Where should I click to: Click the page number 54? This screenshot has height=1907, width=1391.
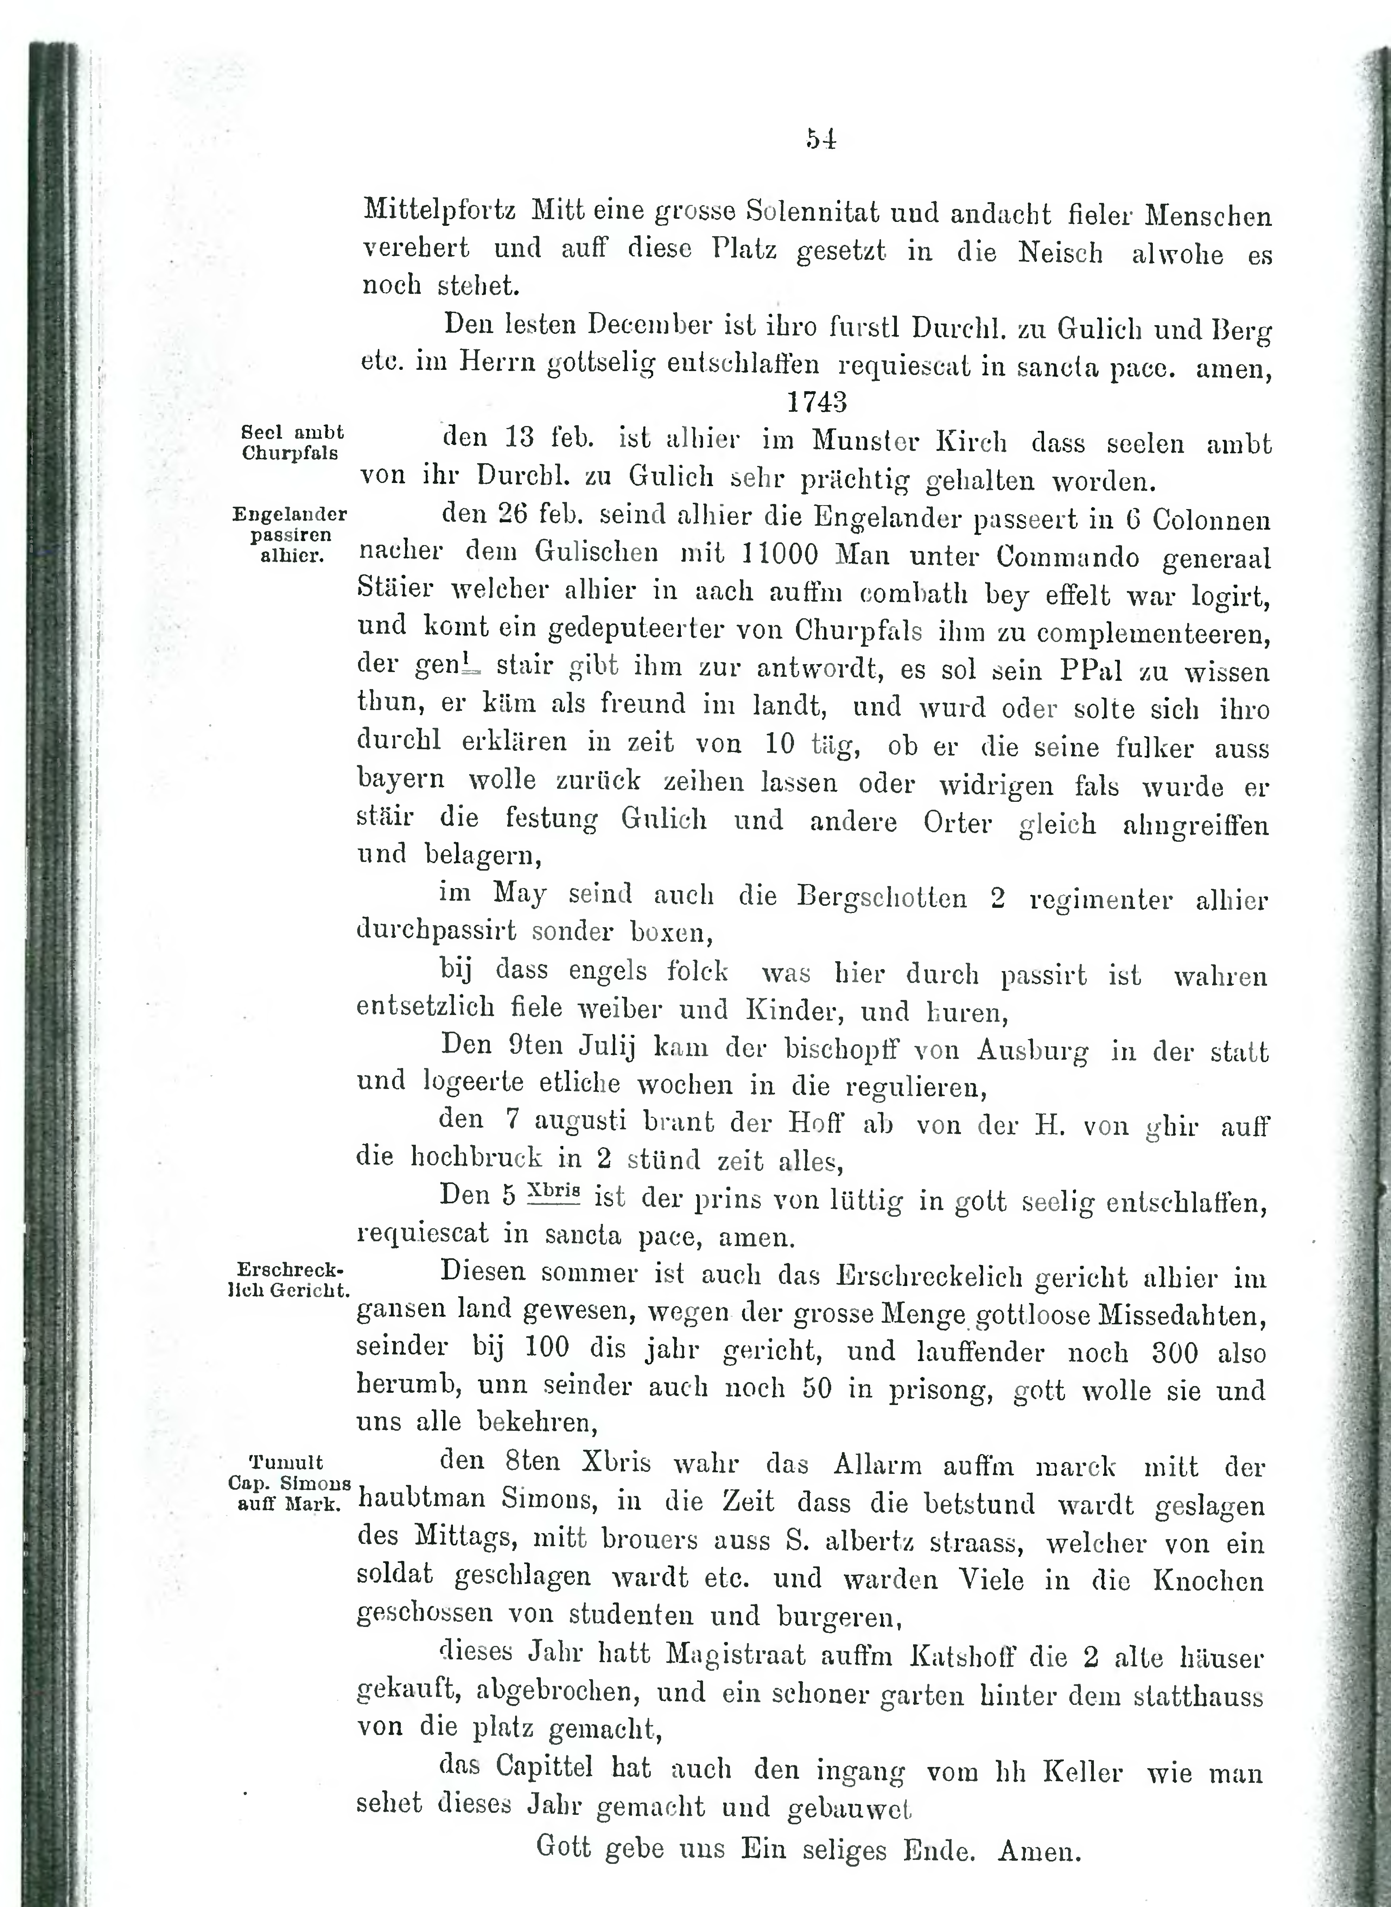(x=820, y=138)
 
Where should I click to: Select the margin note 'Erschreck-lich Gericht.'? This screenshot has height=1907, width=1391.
(x=289, y=1280)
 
